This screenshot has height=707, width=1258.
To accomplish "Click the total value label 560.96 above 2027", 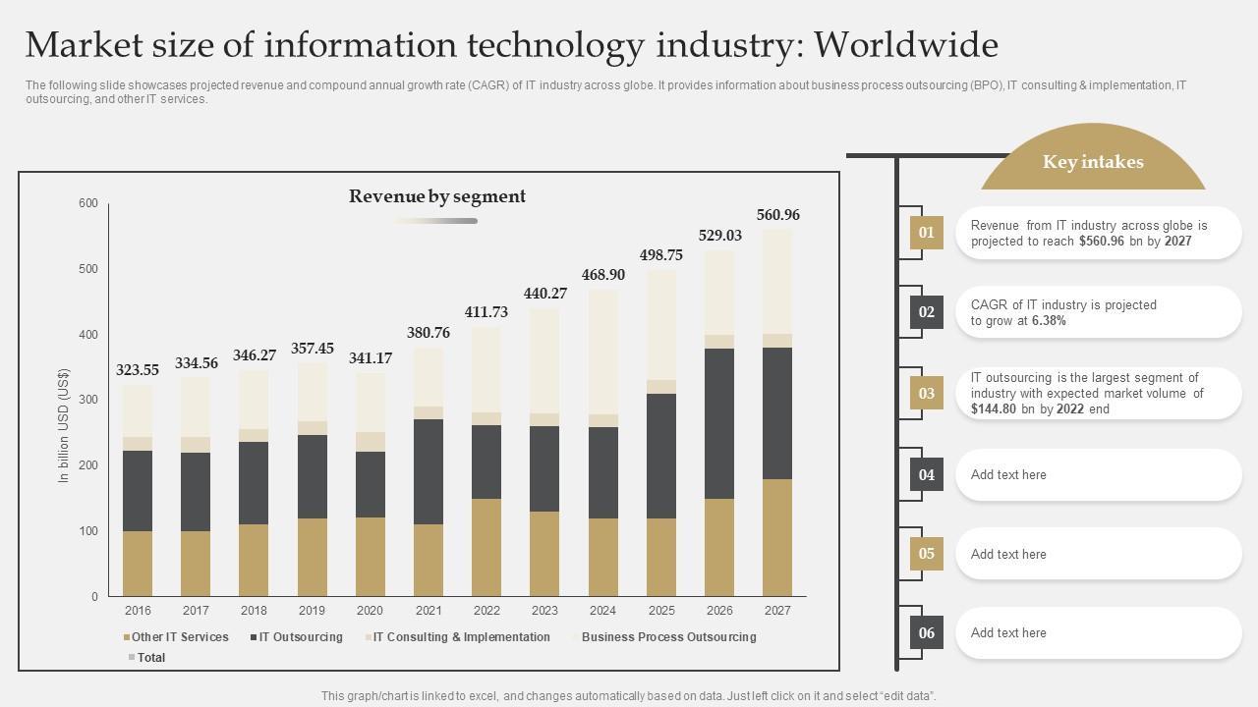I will click(x=777, y=215).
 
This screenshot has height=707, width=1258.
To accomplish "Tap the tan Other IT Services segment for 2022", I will click(x=486, y=547).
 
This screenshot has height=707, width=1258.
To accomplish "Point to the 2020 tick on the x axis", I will click(x=370, y=611).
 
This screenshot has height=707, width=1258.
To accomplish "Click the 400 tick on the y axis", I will click(x=88, y=335).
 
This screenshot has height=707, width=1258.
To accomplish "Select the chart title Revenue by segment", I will click(x=437, y=196).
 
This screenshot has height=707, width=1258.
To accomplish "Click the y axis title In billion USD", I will click(x=64, y=425).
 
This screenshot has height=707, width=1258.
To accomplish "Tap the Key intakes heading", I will click(x=1093, y=162).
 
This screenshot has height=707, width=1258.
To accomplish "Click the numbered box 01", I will click(x=926, y=233).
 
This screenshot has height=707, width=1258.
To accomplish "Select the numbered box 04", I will click(x=926, y=475).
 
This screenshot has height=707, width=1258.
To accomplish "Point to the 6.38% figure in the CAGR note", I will click(x=1049, y=321).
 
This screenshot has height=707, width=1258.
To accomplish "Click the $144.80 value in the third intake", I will click(x=994, y=409).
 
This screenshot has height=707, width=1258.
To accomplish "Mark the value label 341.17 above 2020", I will click(x=371, y=358).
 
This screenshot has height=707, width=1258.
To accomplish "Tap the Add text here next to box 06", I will click(x=1008, y=633).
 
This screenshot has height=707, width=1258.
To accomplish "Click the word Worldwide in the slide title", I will click(x=906, y=45).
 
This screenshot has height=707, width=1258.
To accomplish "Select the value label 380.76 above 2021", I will click(x=429, y=333).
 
